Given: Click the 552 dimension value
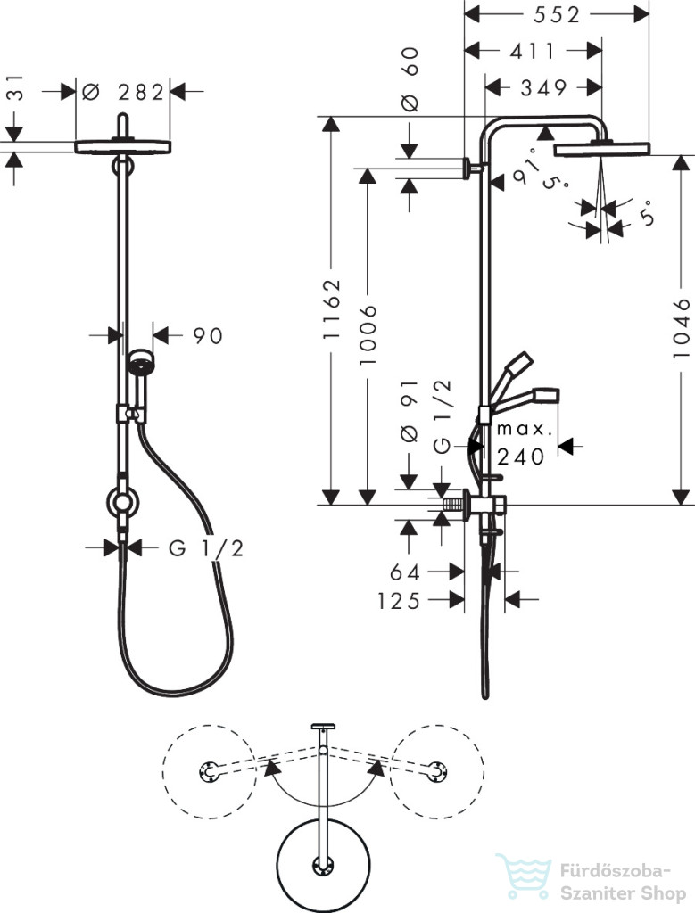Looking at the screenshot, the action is click(557, 14).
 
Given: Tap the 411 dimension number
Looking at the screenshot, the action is click(533, 51).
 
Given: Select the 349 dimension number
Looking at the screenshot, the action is click(543, 88).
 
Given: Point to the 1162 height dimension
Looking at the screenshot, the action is click(332, 309).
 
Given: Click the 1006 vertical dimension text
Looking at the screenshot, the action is click(368, 335).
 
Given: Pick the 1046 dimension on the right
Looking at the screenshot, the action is click(681, 328).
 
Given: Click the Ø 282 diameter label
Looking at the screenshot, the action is click(123, 92).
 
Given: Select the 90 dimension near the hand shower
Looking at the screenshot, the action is click(208, 336).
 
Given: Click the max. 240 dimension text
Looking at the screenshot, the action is click(524, 444).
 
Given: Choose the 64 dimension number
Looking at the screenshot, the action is click(405, 572).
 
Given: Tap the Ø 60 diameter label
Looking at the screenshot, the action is click(410, 79).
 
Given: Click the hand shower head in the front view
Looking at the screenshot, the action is click(139, 362).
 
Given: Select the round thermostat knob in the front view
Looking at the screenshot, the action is click(122, 503).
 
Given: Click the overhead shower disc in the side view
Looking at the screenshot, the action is click(601, 149).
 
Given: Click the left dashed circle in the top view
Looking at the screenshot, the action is click(209, 771).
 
